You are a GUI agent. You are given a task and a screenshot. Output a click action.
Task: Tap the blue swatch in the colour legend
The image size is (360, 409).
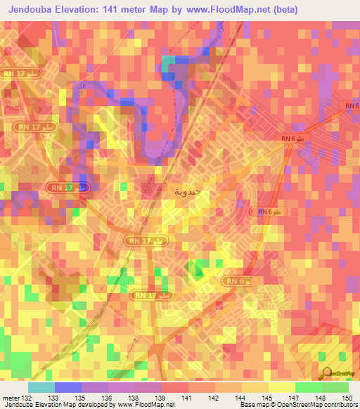[x=67, y=387]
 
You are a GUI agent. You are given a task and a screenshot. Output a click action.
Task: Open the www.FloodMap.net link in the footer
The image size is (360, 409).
[x=146, y=405]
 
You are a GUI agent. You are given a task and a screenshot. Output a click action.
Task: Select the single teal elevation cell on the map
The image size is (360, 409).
[x=169, y=65]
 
